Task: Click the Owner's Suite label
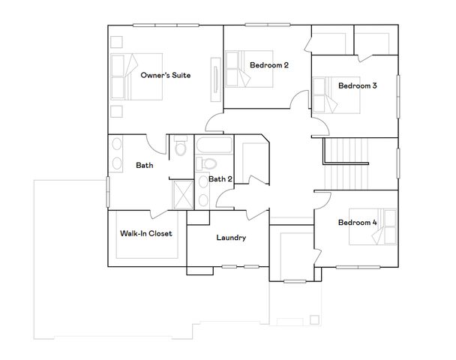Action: pyautogui.click(x=166, y=75)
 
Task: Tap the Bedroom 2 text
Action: pyautogui.click(x=268, y=65)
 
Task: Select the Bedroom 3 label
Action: pyautogui.click(x=357, y=85)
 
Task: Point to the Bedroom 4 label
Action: pyautogui.click(x=357, y=222)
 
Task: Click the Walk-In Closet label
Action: pyautogui.click(x=146, y=233)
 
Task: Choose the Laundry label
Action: pyautogui.click(x=231, y=238)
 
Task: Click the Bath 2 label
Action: pyautogui.click(x=220, y=178)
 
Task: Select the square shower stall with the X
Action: pyautogui.click(x=181, y=193)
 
